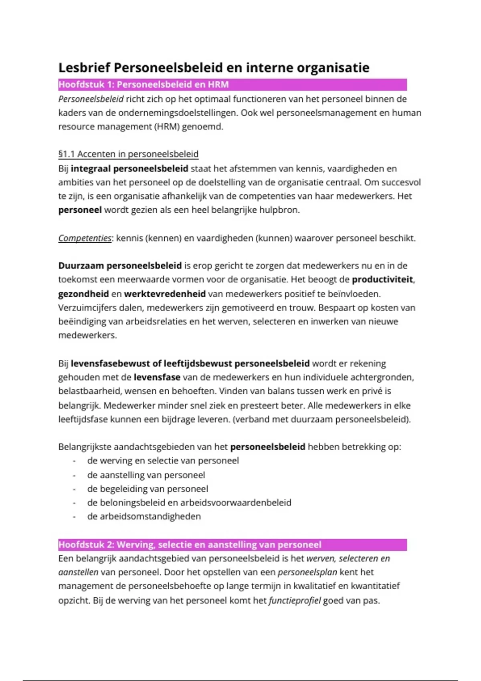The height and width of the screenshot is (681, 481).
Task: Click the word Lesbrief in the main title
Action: [84, 68]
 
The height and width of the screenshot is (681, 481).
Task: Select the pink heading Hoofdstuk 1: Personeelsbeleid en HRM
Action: [143, 85]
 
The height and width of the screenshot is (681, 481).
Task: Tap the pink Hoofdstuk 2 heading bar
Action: [190, 545]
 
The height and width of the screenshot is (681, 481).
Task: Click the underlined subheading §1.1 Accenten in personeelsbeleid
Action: [128, 154]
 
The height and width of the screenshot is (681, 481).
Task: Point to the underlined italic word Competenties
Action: [85, 238]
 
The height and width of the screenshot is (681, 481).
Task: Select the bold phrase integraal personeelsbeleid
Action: [129, 168]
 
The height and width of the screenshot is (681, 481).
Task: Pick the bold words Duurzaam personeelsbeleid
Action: [120, 266]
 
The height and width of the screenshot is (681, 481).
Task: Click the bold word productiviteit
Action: [382, 279]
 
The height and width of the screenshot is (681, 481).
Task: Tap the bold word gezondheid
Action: [83, 294]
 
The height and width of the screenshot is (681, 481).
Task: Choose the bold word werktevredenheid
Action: [165, 294]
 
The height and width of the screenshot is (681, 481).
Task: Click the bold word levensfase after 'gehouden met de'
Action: [157, 377]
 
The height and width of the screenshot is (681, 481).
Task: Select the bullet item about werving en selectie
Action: [163, 461]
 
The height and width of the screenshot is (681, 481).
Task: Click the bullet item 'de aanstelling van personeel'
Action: [146, 475]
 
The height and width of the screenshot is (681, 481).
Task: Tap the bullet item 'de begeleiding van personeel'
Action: [148, 489]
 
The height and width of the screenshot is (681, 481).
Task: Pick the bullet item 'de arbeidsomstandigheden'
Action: [144, 516]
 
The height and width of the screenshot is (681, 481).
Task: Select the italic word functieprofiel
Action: [295, 600]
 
